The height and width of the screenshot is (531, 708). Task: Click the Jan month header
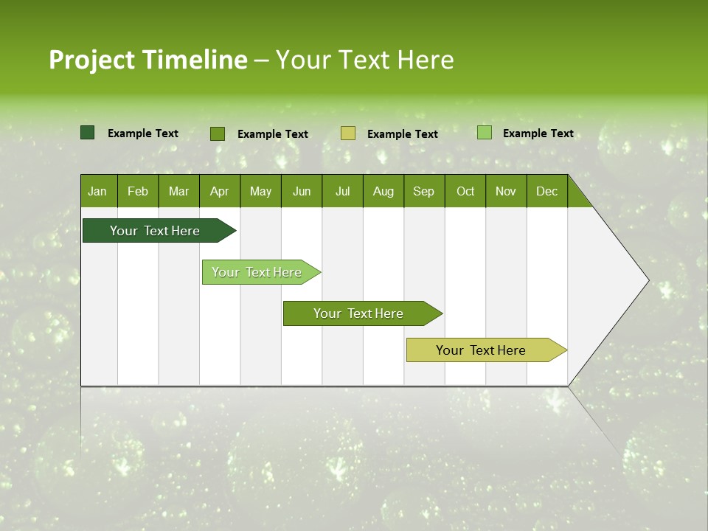click(x=97, y=191)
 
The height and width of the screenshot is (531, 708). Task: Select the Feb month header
click(x=138, y=191)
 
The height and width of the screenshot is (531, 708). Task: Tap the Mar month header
click(x=178, y=191)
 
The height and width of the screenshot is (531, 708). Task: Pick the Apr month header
click(x=220, y=191)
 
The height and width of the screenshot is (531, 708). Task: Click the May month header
click(x=260, y=191)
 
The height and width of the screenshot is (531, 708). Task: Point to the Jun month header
click(x=302, y=191)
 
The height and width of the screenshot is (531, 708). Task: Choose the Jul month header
click(x=342, y=191)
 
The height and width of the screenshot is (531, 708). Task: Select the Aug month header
click(x=383, y=191)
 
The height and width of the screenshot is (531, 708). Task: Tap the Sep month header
click(x=424, y=191)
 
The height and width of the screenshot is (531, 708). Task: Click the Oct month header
click(x=465, y=191)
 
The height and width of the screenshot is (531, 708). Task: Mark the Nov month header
click(x=506, y=191)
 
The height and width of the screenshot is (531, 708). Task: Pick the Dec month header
click(x=547, y=191)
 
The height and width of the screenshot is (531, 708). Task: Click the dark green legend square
click(x=88, y=133)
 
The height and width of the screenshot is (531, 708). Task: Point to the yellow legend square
click(x=348, y=133)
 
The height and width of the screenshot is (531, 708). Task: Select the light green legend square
click(x=485, y=133)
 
